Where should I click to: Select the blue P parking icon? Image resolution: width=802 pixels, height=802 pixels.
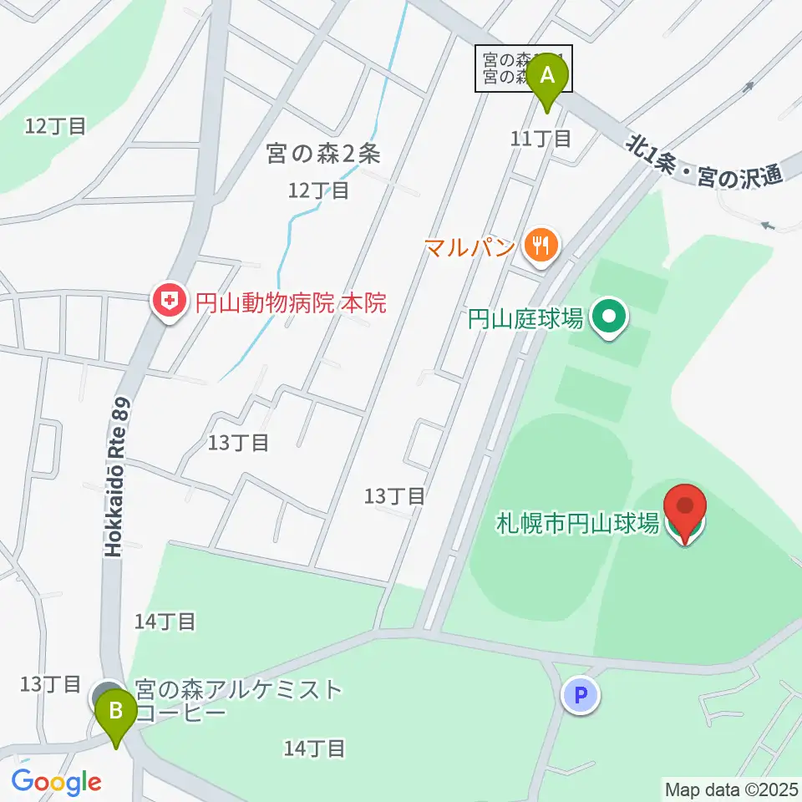click(581, 695)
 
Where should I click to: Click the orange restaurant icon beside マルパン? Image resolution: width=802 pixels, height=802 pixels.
click(541, 245)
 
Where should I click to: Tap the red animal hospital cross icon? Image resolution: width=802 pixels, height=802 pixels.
click(170, 302)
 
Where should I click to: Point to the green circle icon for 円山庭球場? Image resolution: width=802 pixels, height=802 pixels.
click(609, 317)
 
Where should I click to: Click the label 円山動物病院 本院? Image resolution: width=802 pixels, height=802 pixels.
click(291, 302)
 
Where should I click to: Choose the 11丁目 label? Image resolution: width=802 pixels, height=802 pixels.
click(541, 138)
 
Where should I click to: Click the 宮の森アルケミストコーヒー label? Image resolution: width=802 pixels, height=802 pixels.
click(238, 701)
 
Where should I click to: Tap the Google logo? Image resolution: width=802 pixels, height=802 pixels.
click(57, 781)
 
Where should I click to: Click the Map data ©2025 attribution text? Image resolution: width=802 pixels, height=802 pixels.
click(730, 789)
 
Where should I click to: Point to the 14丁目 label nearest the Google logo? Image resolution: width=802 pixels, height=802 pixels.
click(314, 748)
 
